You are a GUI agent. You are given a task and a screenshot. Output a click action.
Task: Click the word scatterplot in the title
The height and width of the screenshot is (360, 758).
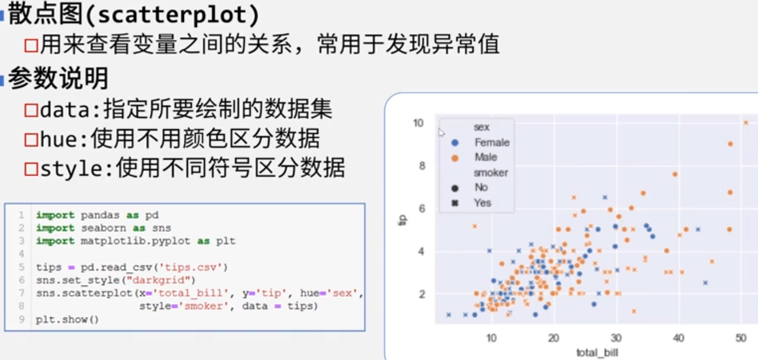[173, 15]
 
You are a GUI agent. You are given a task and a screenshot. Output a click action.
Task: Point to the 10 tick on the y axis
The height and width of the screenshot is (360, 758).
[418, 123]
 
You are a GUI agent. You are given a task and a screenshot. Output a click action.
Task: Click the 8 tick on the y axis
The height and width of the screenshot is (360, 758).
[422, 166]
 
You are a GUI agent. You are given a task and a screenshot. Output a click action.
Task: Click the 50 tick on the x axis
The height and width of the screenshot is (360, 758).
[741, 338]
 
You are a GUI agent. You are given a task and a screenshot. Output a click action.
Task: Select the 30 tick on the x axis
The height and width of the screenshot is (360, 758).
[616, 338]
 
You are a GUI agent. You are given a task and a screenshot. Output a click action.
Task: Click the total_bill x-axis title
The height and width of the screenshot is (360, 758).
[597, 353]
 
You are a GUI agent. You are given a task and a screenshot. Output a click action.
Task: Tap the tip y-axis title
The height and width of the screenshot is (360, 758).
[402, 220]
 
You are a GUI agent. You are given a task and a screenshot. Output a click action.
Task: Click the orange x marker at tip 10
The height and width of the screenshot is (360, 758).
[746, 123]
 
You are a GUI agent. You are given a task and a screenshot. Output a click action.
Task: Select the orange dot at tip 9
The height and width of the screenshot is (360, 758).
[731, 144]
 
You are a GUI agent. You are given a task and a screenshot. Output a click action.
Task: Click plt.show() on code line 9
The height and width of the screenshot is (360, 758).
[67, 319]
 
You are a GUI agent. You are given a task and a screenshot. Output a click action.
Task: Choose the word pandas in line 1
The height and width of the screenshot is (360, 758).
[100, 215]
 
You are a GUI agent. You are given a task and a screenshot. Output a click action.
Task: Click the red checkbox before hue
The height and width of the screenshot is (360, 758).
[31, 140]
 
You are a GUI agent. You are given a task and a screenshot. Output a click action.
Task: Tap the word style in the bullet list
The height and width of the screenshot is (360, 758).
[71, 169]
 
